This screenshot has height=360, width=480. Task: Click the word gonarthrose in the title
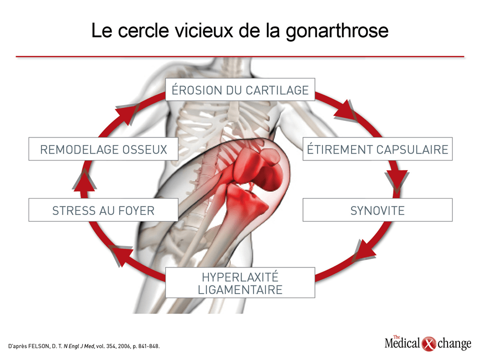pos(337,31)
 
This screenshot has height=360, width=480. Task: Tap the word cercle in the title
pos(143,30)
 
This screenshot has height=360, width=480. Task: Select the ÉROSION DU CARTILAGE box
pos(240,89)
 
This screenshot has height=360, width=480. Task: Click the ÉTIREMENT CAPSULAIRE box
pos(377,149)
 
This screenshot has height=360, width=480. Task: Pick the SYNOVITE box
pos(377,210)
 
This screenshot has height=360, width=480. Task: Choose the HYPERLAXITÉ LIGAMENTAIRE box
pos(240,282)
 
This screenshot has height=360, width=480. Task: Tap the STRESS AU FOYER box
pos(103,210)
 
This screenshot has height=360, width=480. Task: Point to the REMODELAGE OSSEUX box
pos(103,149)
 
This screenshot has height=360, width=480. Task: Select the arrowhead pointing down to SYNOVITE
pos(396,180)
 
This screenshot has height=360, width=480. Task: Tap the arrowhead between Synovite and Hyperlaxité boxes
pos(364,250)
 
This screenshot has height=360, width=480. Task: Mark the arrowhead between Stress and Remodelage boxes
pos(84,181)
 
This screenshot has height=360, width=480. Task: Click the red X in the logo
pos(428,344)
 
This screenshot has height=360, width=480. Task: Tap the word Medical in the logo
pos(402,343)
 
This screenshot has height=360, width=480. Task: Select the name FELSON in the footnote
pos(38,346)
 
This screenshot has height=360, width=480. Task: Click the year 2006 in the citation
pos(124,346)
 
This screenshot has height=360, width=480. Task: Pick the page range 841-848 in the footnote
pos(148,346)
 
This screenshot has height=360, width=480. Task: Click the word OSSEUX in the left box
pos(145,149)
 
